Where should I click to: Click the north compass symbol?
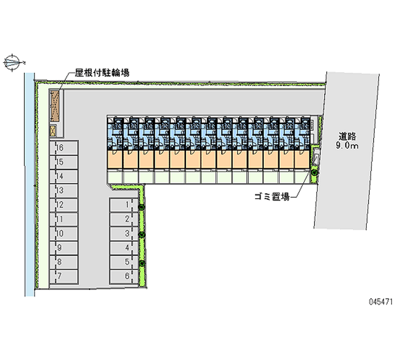12,62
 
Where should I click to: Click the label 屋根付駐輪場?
102,73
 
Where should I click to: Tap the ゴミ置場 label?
272,196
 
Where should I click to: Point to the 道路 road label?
347,136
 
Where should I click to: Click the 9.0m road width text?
347,146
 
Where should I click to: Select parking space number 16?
64,148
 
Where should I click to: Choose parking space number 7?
64,276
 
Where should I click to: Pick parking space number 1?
124,205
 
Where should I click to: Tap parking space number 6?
124,276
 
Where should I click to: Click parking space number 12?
64,205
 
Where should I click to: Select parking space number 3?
124,233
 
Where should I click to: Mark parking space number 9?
64,248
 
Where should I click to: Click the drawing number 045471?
381,302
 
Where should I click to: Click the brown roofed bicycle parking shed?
54,106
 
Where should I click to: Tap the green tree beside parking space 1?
142,207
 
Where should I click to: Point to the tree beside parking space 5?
142,263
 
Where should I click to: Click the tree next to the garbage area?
314,173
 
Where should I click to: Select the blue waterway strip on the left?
30,184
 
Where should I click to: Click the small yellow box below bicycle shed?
52,131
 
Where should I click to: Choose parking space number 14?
64,176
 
